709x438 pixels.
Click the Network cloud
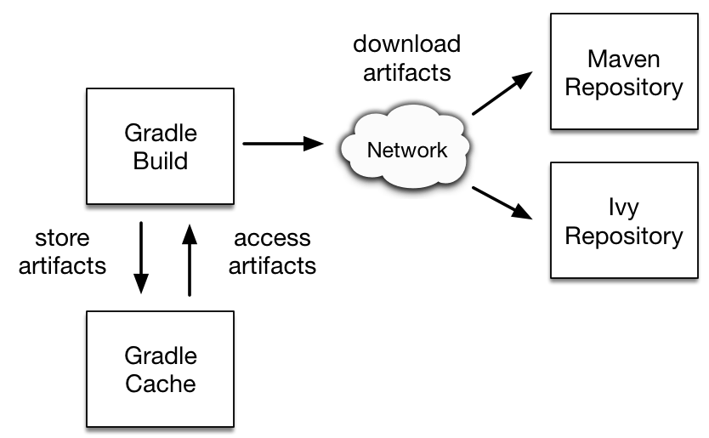click(x=406, y=146)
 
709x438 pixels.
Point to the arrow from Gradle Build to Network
click(x=283, y=144)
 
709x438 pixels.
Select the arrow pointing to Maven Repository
click(x=502, y=93)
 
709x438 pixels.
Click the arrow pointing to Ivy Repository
click(x=502, y=202)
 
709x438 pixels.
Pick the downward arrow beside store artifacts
click(x=141, y=258)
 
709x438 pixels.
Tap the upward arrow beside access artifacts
click(x=190, y=260)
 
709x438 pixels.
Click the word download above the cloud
click(x=406, y=44)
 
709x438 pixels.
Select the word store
click(x=62, y=238)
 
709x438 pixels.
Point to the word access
click(x=272, y=238)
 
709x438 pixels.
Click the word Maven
click(x=623, y=59)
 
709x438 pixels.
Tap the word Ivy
click(x=623, y=208)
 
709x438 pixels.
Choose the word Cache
click(x=161, y=384)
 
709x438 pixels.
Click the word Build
click(x=161, y=161)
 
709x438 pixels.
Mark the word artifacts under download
click(x=407, y=72)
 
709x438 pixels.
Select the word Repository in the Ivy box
click(x=624, y=236)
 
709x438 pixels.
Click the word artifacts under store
click(x=62, y=265)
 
